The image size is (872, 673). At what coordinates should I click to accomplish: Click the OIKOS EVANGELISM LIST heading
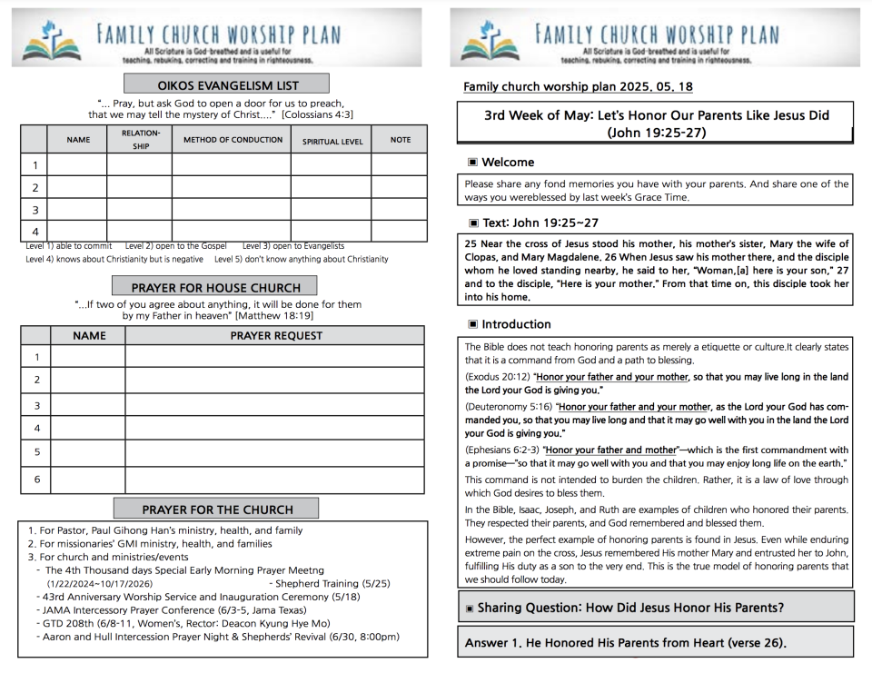(x=228, y=85)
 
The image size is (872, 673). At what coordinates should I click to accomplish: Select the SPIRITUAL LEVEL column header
(x=332, y=142)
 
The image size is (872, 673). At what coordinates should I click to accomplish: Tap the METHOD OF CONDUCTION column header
(x=233, y=140)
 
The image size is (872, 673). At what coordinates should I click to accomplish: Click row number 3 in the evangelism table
(x=35, y=210)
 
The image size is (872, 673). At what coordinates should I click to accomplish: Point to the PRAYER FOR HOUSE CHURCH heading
(x=215, y=288)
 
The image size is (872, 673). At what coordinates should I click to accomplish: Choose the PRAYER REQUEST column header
(x=275, y=335)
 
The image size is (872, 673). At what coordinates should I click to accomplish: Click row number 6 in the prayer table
(x=36, y=479)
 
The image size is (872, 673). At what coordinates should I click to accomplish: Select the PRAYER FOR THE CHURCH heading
(x=215, y=510)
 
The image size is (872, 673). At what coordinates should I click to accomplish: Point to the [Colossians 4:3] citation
(x=317, y=114)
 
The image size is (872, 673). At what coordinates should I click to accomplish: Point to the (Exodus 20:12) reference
(x=498, y=376)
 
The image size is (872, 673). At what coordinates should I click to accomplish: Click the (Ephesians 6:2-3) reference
(x=503, y=450)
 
